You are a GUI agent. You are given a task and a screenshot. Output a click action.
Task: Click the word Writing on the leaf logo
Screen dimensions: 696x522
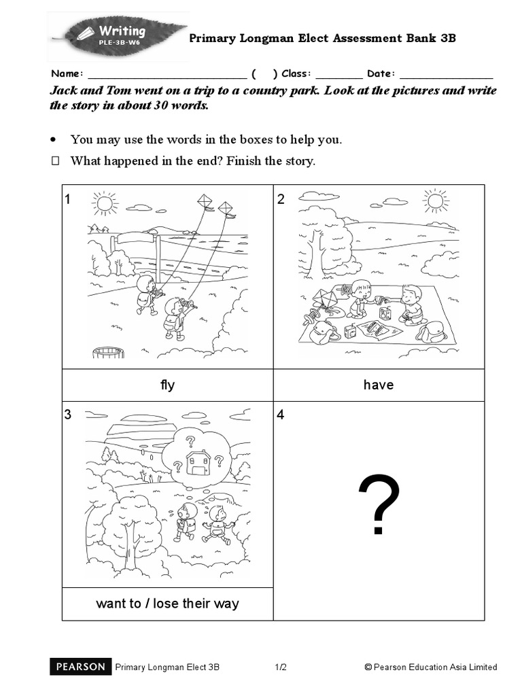pyautogui.click(x=122, y=31)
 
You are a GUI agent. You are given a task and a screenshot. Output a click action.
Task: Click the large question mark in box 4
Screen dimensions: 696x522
pyautogui.click(x=379, y=505)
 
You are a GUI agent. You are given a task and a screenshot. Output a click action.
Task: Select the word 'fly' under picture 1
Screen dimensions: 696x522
pyautogui.click(x=167, y=385)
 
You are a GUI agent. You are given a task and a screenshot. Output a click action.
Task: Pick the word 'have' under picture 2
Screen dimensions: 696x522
pyautogui.click(x=379, y=385)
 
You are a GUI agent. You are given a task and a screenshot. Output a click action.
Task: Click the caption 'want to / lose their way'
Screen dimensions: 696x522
pyautogui.click(x=167, y=604)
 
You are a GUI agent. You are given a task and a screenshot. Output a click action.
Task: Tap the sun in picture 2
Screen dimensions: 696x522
pyautogui.click(x=435, y=200)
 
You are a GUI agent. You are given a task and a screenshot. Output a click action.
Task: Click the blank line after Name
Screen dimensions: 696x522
pyautogui.click(x=167, y=74)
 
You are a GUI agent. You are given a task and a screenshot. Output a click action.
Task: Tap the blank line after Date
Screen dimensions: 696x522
pyautogui.click(x=446, y=74)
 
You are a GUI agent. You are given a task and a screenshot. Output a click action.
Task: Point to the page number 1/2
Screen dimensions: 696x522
pyautogui.click(x=281, y=667)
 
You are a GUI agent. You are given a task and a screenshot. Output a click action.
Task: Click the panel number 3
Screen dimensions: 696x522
pyautogui.click(x=68, y=415)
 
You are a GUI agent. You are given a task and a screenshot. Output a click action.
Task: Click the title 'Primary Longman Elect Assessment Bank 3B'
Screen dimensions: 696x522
pyautogui.click(x=322, y=38)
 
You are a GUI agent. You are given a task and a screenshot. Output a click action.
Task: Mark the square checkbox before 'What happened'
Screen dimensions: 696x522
pyautogui.click(x=56, y=161)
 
